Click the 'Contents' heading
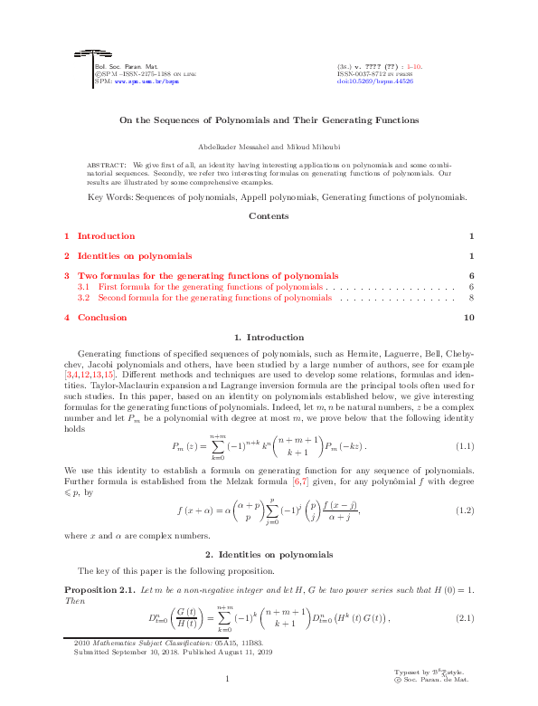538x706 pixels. click(269, 216)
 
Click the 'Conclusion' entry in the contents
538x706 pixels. click(101, 318)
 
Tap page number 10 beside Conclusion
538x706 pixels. click(468, 318)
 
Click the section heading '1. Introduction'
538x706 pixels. click(269, 338)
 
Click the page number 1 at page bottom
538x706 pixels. click(228, 680)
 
